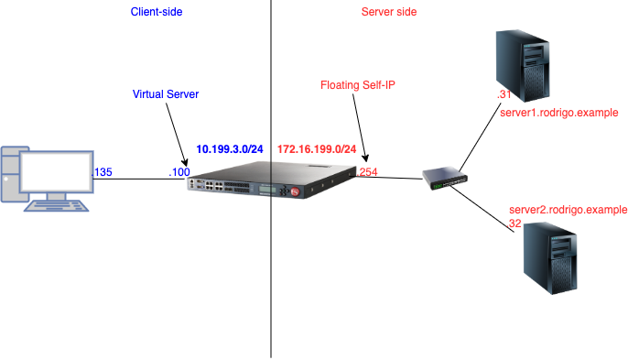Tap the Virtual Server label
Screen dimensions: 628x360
165,94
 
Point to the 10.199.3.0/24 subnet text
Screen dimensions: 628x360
230,148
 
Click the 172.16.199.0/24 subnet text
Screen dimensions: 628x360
316,148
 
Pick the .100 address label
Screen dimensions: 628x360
179,171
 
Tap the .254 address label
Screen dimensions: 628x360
366,171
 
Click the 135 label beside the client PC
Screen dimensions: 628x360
103,171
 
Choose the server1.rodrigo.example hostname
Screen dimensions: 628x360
559,112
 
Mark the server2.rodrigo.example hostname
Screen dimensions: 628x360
568,210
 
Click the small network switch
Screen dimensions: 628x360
448,180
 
